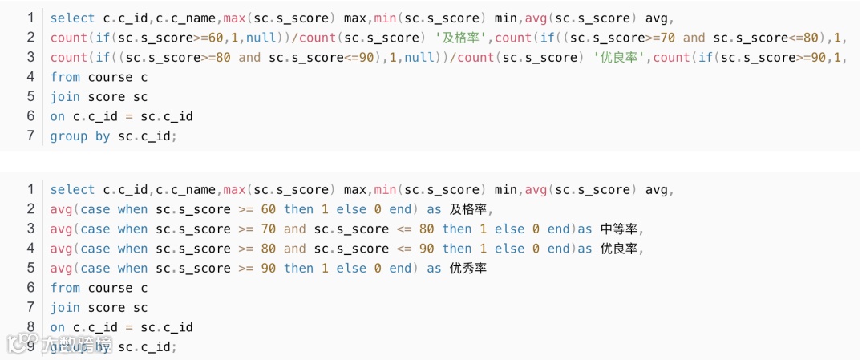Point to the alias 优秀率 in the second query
(x=468, y=269)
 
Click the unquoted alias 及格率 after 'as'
(x=468, y=209)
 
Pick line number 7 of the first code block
(x=30, y=136)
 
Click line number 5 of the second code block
(x=30, y=269)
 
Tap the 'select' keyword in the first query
(x=72, y=18)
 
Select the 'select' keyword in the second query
(x=72, y=190)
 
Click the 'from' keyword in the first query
(x=65, y=77)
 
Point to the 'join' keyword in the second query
(x=65, y=308)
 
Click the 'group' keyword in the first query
(x=68, y=136)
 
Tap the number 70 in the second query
(x=268, y=229)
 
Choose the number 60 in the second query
(x=268, y=209)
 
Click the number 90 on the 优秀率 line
(x=268, y=269)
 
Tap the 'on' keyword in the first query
(x=57, y=117)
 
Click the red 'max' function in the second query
(x=235, y=190)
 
